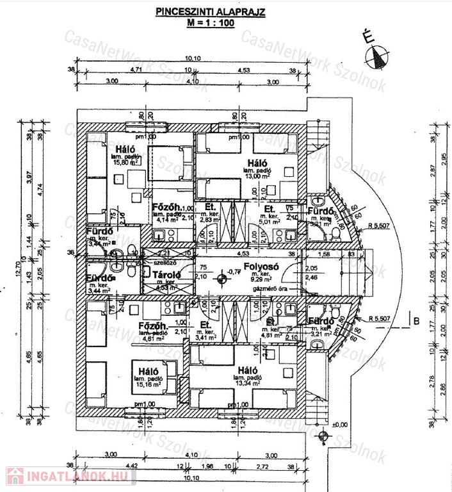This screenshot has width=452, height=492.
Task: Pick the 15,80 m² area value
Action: click(126, 163)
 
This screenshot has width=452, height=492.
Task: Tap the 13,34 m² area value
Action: click(249, 384)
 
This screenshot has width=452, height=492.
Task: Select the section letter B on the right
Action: click(416, 321)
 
